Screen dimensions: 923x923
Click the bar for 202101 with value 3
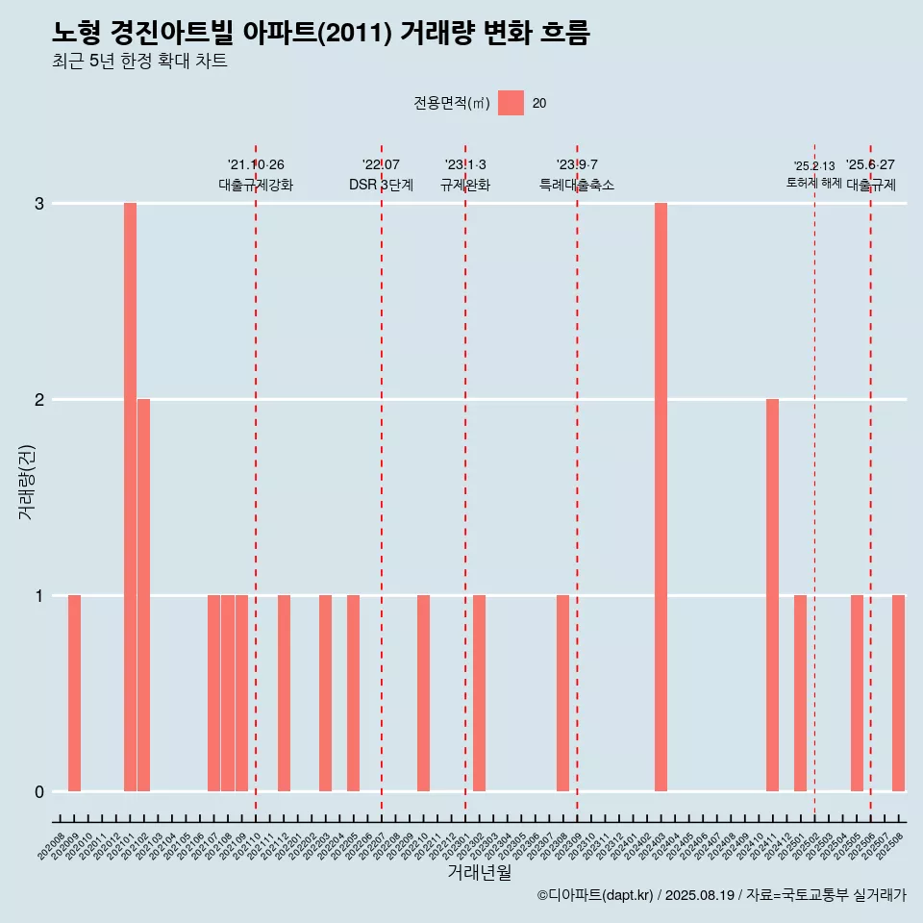point(130,497)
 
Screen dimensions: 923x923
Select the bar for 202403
point(661,497)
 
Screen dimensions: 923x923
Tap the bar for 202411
point(772,595)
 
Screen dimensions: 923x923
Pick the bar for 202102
point(143,595)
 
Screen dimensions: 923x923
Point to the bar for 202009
point(74,693)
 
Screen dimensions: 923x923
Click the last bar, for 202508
point(898,693)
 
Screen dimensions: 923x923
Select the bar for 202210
point(423,693)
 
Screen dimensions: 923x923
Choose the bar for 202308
point(562,693)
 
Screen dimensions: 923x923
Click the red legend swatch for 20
point(511,103)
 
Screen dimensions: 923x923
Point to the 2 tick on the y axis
point(39,400)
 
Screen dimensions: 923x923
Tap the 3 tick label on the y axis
point(39,204)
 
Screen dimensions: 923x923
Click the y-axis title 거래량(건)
point(27,481)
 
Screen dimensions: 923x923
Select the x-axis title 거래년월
point(479,872)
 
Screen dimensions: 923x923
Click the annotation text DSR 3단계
point(381,186)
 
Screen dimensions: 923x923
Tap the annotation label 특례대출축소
point(577,186)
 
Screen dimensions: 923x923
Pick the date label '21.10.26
point(256,165)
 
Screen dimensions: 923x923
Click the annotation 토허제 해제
point(813,183)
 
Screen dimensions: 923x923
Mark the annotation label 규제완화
point(465,186)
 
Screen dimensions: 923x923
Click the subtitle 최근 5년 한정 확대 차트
point(140,62)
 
